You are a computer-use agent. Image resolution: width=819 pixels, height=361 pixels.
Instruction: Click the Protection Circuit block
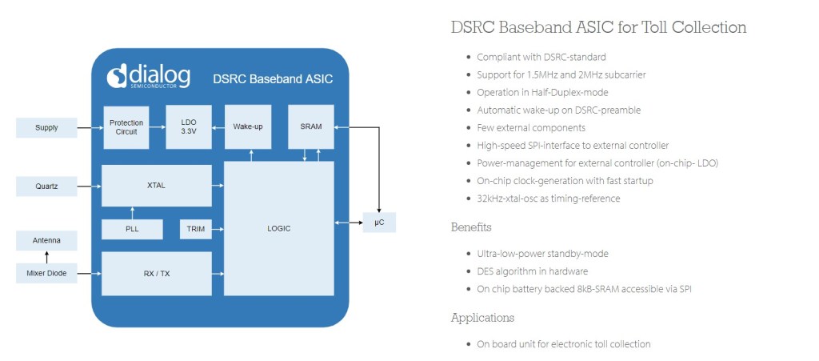[126, 126]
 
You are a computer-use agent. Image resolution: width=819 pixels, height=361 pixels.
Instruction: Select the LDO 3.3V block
[188, 126]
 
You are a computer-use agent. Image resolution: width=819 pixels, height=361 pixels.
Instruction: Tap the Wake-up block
[248, 126]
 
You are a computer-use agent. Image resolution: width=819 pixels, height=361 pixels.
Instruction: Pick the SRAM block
[310, 126]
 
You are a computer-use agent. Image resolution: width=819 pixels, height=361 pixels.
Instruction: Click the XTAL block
[156, 186]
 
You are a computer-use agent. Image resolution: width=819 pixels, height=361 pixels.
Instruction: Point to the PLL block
[132, 229]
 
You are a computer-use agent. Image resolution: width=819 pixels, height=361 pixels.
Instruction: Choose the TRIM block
[195, 229]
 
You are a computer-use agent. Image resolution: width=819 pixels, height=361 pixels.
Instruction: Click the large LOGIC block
[278, 228]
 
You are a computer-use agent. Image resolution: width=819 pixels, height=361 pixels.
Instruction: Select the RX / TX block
[156, 274]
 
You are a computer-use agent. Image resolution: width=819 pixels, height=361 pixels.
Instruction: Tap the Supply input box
[46, 127]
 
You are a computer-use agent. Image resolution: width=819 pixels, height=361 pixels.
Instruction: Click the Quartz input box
[46, 187]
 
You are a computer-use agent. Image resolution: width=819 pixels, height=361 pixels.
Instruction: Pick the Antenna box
[46, 240]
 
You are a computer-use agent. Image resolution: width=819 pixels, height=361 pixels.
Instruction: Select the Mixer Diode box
[46, 275]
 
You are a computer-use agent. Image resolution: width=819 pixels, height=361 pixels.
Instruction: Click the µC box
[379, 222]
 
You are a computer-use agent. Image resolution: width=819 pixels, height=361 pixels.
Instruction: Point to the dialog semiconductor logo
[150, 76]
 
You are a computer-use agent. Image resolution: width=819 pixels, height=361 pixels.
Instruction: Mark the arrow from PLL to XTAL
[132, 212]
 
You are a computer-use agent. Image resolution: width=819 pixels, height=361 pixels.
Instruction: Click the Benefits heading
[470, 227]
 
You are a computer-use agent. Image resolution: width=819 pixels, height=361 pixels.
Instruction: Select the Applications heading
[482, 318]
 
